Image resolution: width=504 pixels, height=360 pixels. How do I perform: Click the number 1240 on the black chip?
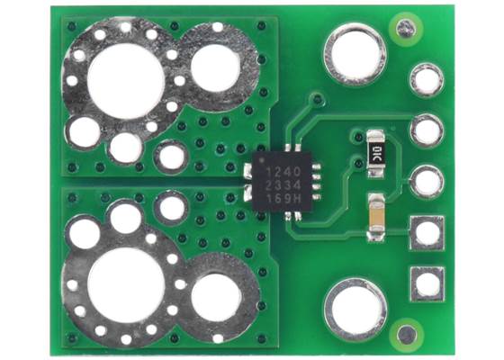point(274,169)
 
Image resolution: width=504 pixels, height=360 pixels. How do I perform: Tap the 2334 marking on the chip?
point(274,183)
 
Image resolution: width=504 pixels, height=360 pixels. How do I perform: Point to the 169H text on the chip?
point(275,195)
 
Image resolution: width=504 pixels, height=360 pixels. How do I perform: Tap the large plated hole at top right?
point(355,53)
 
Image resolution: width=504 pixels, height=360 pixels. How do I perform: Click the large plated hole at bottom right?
point(355,308)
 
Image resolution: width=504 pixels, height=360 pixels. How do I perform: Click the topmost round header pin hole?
point(427,80)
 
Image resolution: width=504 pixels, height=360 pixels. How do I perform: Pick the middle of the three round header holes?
point(427,131)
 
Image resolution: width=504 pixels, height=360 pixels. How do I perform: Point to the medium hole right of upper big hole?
point(216,69)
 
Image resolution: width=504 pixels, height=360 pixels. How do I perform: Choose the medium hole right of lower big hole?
point(216,292)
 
